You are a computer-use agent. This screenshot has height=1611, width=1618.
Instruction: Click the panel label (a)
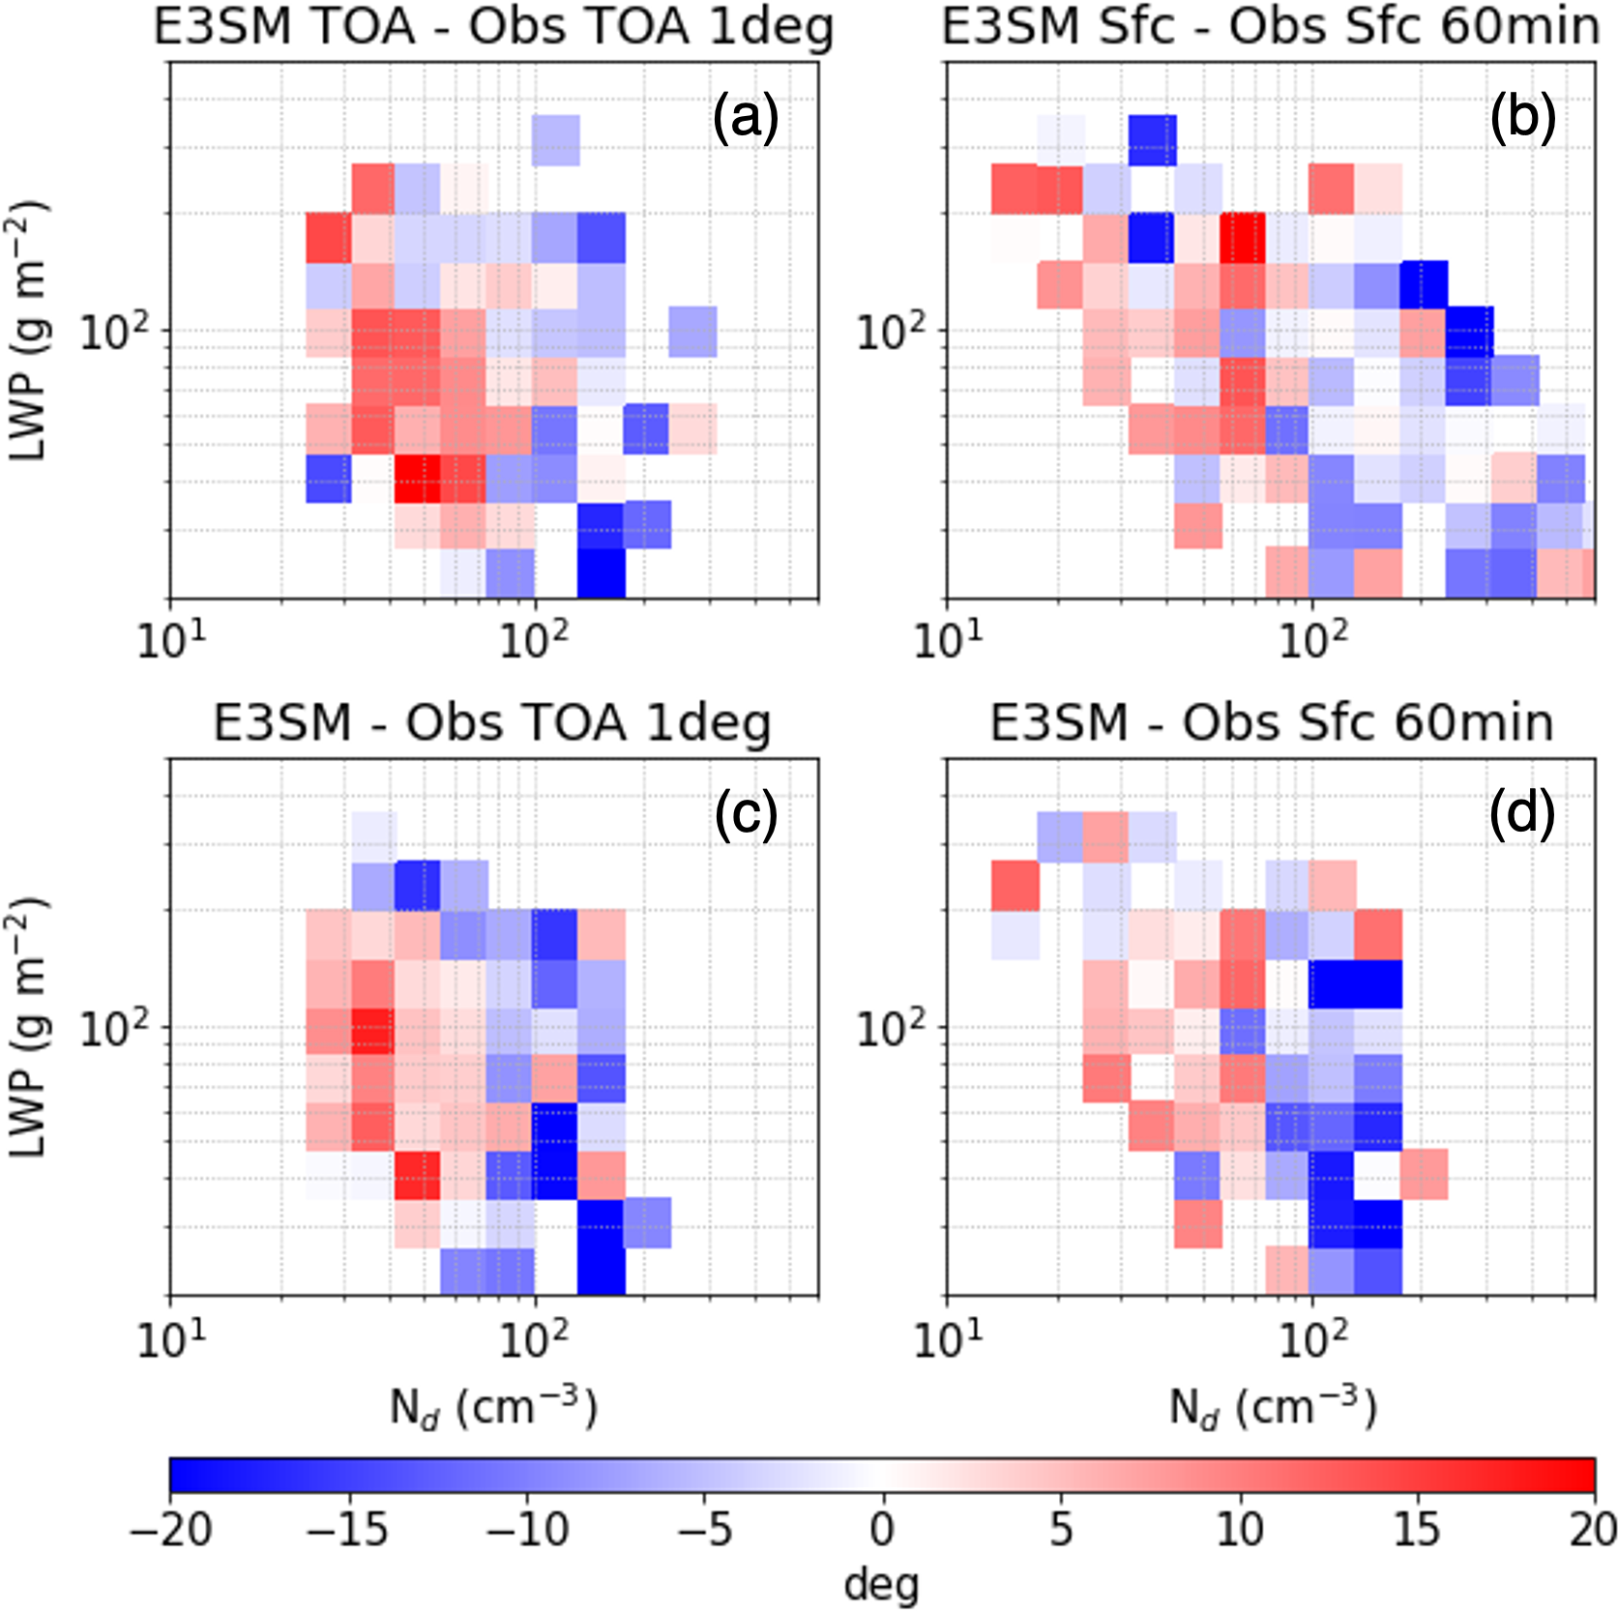[745, 120]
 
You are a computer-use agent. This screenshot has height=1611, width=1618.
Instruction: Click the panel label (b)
[1522, 120]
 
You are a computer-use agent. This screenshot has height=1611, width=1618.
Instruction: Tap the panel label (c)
[745, 815]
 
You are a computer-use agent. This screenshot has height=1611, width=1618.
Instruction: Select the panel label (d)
[1522, 815]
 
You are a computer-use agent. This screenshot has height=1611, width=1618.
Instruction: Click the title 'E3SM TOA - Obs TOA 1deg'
[493, 27]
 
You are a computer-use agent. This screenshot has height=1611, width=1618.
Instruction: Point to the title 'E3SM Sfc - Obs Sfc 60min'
[1271, 27]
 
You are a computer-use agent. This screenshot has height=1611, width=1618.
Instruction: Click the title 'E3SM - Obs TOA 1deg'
[492, 722]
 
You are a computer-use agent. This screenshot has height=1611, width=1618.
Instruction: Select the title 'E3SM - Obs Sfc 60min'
[1271, 722]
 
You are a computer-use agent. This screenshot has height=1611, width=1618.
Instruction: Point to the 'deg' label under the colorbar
[881, 1584]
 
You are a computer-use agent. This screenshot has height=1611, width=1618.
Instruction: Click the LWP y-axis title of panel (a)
[29, 331]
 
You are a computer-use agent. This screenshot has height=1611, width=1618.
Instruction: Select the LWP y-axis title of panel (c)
[29, 1027]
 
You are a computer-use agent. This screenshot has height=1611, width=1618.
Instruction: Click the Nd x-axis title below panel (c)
[493, 1408]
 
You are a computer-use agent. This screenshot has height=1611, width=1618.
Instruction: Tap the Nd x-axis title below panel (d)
[1272, 1408]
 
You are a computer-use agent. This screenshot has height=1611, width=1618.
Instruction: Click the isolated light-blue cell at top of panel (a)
[556, 140]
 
